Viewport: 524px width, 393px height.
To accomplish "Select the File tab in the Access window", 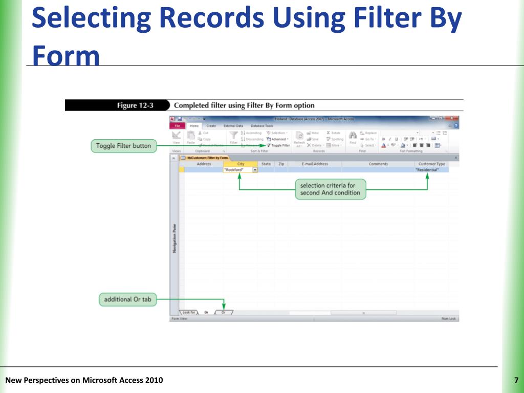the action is [x=177, y=126].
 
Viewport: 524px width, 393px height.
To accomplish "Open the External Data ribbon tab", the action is [x=233, y=126].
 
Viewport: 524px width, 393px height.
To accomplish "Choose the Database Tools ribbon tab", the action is [x=261, y=126].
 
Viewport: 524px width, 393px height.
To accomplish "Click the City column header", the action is [x=241, y=164].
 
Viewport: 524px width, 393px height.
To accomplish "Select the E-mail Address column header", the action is [x=315, y=164].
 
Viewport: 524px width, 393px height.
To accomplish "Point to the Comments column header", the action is [x=378, y=164].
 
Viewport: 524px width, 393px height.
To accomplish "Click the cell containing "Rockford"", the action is [x=237, y=169].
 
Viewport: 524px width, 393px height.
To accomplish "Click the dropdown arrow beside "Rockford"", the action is [x=255, y=169].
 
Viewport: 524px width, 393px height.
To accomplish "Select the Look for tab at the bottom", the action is [x=189, y=312].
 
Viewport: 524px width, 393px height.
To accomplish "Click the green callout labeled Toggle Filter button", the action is [x=123, y=146].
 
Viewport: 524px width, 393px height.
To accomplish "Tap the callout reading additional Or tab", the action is [x=127, y=299].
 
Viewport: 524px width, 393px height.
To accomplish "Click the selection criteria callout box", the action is [x=330, y=189].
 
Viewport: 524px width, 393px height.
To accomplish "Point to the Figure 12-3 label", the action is [x=134, y=105].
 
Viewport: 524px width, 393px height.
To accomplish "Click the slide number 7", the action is [x=516, y=380].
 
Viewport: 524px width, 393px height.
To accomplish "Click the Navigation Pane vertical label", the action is [x=174, y=237].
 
